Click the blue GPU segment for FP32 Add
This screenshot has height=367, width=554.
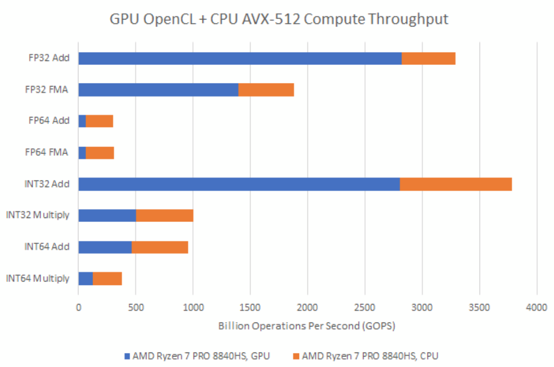(240, 58)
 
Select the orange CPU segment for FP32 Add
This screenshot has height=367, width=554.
(428, 58)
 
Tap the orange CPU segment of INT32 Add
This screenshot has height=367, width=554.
(455, 184)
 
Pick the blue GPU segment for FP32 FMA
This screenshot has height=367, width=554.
(158, 90)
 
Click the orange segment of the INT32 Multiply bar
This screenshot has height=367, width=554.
(164, 215)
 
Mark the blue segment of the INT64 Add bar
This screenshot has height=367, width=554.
(105, 247)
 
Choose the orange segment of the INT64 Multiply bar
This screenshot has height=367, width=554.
(107, 278)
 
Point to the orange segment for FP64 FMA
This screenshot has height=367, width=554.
(99, 152)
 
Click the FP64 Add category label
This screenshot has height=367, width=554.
(48, 121)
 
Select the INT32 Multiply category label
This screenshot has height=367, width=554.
(37, 215)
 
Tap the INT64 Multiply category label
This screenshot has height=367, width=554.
(37, 278)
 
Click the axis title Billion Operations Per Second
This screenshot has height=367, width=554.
(307, 326)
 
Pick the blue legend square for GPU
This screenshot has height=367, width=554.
(127, 356)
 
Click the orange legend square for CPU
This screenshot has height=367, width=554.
(296, 356)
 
